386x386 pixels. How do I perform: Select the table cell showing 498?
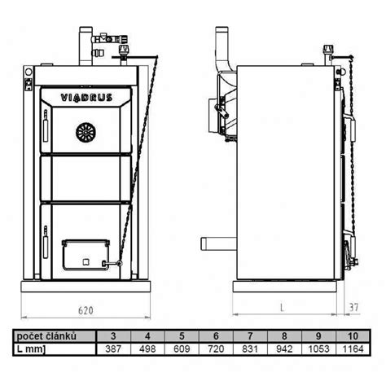[x=147, y=348]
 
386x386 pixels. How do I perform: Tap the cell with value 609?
[x=182, y=348]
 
